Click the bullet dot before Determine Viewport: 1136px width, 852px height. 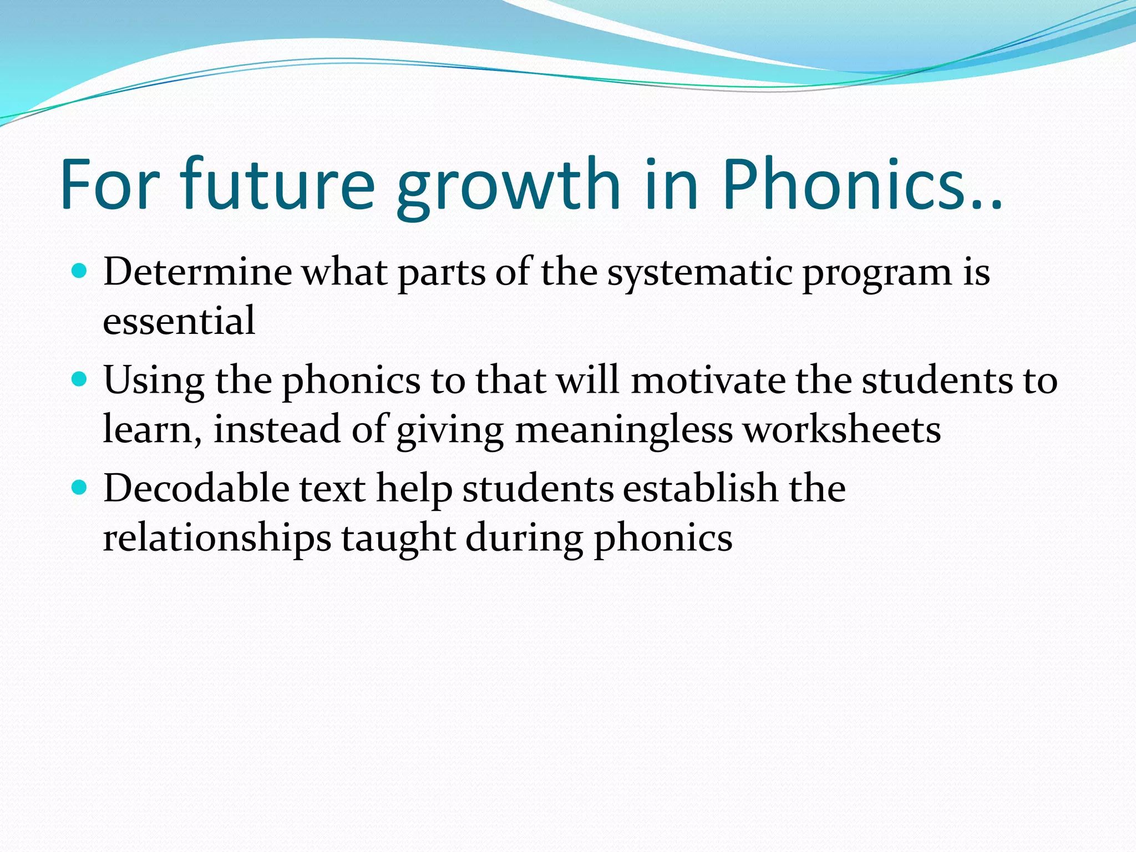tap(80, 271)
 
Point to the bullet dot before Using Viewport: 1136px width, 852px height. tap(80, 379)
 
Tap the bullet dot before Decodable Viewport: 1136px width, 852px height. tap(80, 488)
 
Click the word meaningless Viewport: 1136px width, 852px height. tap(624, 430)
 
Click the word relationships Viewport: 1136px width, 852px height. tap(217, 539)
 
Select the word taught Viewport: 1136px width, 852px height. tap(398, 539)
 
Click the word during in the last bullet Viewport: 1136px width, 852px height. tap(524, 539)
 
